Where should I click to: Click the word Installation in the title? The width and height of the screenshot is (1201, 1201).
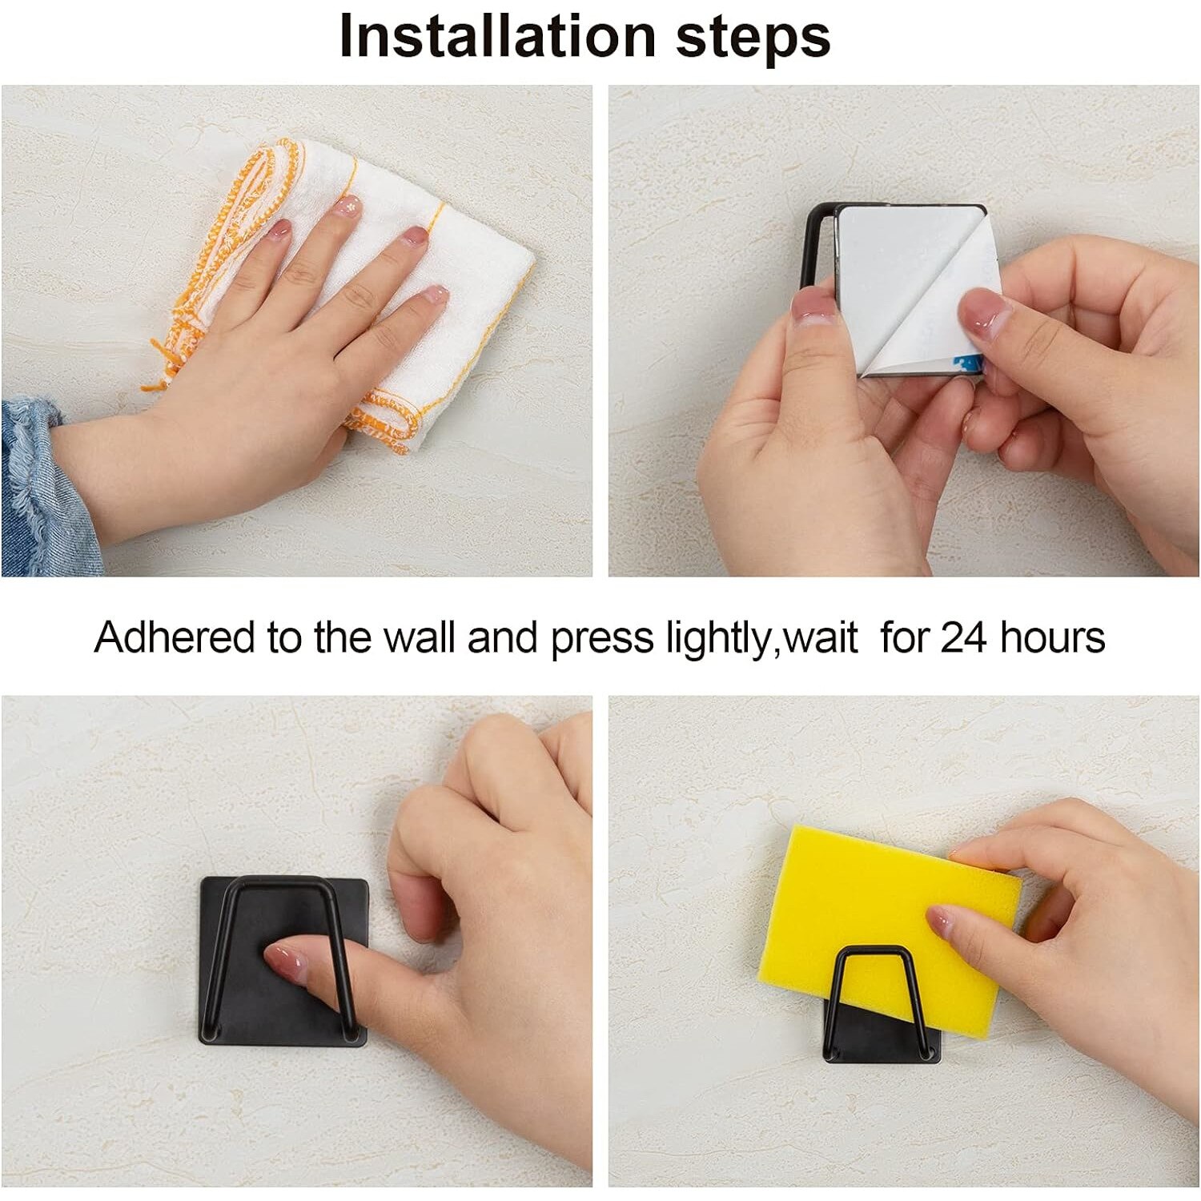(497, 36)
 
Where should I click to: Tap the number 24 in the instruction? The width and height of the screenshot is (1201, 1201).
(964, 638)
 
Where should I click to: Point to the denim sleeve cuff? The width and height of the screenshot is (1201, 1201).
(44, 488)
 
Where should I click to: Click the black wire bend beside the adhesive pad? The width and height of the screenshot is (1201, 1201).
(815, 240)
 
